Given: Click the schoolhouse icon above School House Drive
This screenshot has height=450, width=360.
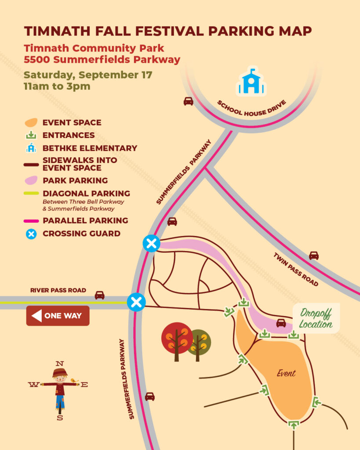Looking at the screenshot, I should (251, 82).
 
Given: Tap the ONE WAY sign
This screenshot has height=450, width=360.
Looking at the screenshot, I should (58, 316).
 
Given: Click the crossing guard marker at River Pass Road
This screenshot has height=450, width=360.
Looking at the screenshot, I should (136, 302).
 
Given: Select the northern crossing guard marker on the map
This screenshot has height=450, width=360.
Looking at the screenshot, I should (152, 243).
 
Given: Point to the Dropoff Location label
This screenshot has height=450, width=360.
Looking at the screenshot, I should (316, 319).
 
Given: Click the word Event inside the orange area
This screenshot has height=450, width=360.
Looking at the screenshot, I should (286, 373).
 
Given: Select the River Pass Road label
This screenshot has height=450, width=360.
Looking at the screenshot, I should (58, 290).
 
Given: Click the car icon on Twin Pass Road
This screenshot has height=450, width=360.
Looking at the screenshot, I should (313, 255).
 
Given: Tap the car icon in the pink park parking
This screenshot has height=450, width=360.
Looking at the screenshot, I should (281, 323).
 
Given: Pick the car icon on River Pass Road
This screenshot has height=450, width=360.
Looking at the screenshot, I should (100, 295).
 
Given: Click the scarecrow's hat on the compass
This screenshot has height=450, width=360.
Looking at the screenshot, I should (60, 373).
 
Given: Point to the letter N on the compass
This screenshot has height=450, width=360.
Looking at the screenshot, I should (60, 363).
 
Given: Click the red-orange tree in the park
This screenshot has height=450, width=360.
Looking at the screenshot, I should (177, 337).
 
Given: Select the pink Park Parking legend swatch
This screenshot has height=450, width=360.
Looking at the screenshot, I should (31, 180).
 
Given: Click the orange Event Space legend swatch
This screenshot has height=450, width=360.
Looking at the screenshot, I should (31, 123).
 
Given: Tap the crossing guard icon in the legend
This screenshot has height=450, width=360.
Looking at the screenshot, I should (31, 234).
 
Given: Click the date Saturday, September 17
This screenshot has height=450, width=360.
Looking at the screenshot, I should (88, 74).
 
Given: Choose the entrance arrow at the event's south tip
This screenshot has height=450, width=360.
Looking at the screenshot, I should (293, 424).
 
